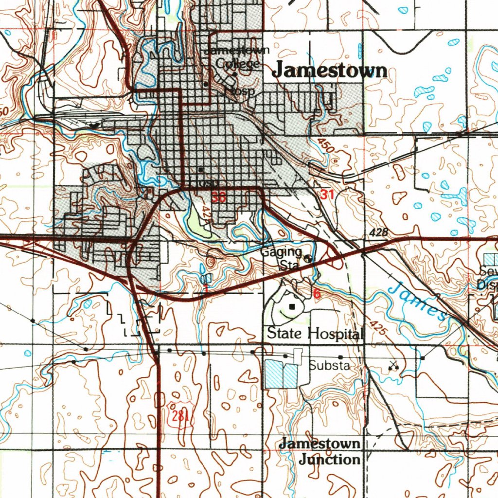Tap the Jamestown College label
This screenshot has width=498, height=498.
coord(237,57)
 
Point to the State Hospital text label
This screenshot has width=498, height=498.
coord(315,334)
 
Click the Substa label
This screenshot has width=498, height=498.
coord(329,365)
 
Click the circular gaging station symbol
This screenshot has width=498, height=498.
coord(308,259)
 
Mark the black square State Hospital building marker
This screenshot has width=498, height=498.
coord(292,307)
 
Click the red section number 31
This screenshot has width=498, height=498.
coord(327,195)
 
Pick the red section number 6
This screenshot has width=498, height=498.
coord(317,294)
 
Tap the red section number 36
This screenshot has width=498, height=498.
coord(218,197)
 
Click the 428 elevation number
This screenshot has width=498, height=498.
coord(378,233)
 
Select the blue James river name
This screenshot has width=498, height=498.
coord(418,302)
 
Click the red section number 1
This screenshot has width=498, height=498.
coord(206,289)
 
